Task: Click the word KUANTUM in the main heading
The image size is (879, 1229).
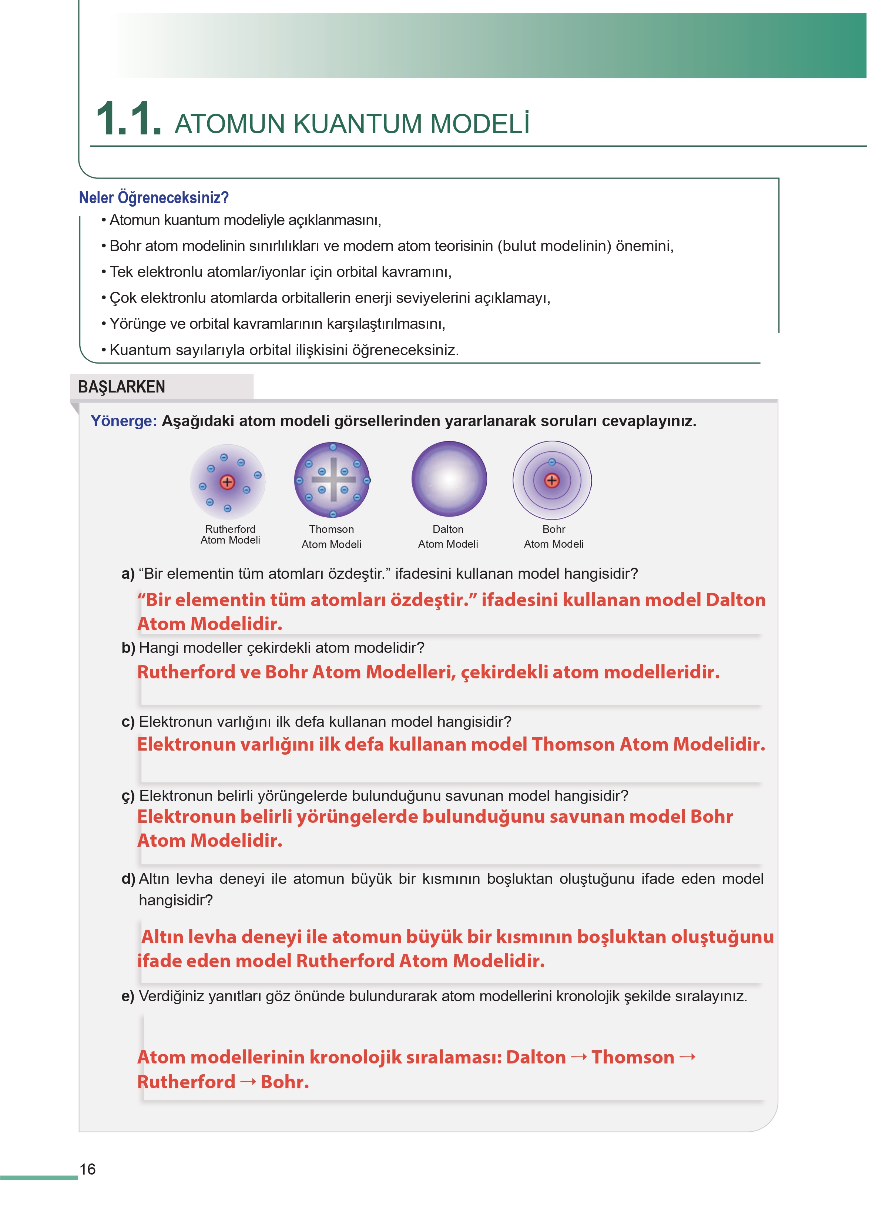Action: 357,124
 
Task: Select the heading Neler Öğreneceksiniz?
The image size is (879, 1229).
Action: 154,198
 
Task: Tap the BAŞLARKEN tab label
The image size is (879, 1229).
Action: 122,387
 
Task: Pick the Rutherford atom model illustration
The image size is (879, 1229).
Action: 228,481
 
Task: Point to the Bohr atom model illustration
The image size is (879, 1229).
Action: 552,480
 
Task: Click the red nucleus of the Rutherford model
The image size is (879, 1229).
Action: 227,482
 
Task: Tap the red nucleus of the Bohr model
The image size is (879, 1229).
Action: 551,480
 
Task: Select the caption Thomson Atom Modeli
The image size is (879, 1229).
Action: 331,537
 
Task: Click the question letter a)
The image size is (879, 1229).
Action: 128,574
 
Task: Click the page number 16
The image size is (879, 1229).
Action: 88,1169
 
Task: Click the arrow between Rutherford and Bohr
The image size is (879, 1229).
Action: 248,1082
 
